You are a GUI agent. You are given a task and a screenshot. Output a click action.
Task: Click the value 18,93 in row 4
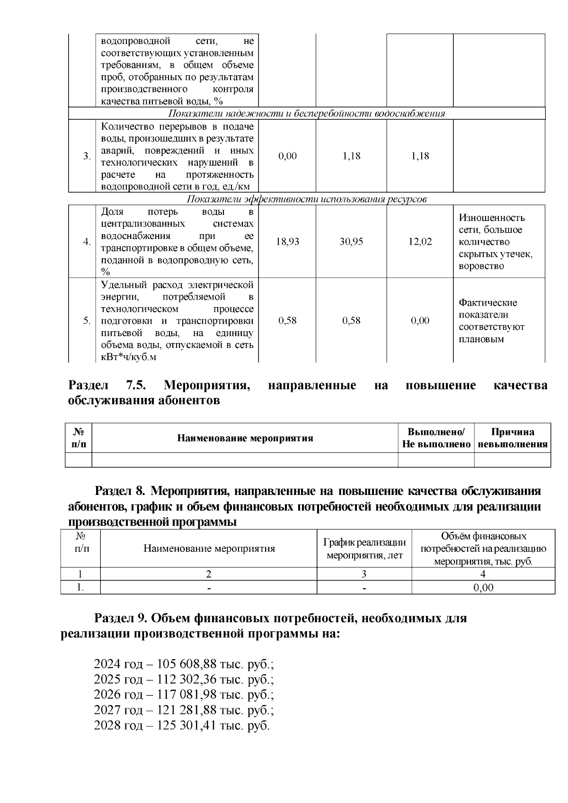[x=287, y=242]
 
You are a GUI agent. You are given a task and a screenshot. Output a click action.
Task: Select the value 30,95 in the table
[x=351, y=242]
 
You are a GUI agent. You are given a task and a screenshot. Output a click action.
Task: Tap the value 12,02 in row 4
[x=420, y=242]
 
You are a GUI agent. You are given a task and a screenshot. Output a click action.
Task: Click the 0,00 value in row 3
[x=287, y=156]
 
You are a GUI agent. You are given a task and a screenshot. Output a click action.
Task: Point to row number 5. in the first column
[x=87, y=321]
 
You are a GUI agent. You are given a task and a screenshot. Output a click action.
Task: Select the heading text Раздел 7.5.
[x=107, y=386]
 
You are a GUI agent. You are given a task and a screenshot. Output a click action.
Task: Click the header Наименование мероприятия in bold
[x=245, y=438]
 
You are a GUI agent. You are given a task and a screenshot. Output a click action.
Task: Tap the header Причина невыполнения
[x=512, y=438]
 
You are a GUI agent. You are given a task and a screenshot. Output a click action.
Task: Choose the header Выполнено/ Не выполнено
[x=436, y=438]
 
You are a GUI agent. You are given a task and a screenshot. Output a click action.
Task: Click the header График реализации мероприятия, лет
[x=364, y=549]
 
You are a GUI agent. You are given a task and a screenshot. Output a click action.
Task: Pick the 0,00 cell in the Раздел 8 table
[x=483, y=588]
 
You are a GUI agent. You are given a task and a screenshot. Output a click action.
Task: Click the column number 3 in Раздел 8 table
[x=364, y=574]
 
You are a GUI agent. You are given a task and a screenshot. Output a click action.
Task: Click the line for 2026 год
[x=184, y=695]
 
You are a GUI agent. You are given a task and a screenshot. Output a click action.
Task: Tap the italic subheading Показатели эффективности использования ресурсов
[x=307, y=199]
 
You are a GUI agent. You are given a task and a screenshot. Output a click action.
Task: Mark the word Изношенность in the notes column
[x=491, y=218]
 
